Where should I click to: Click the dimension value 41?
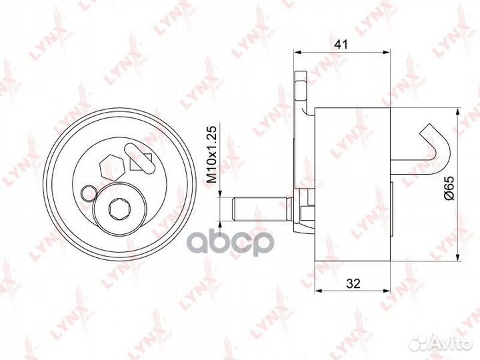pyautogui.click(x=341, y=45)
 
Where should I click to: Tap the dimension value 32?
pyautogui.click(x=353, y=284)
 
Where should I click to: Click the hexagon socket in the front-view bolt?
pyautogui.click(x=120, y=209)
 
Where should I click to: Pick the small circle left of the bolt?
pyautogui.click(x=89, y=194)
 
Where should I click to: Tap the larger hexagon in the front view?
pyautogui.click(x=112, y=169)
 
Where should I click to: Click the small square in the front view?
pyautogui.click(x=141, y=161)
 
